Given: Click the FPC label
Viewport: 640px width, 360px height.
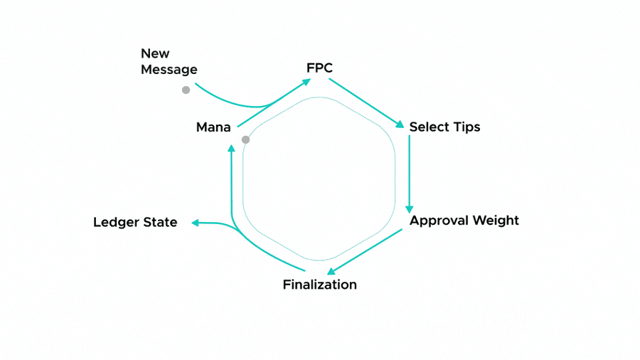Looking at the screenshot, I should click(319, 68).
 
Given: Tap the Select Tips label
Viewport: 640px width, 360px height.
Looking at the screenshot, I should click(444, 127).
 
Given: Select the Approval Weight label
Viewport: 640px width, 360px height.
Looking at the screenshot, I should click(464, 221).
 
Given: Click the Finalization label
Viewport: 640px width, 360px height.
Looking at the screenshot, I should click(319, 285).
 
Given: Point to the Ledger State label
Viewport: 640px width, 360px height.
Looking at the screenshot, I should click(135, 223).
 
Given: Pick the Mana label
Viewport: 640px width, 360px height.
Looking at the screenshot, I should click(213, 128).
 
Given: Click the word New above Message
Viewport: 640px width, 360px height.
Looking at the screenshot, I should click(155, 53).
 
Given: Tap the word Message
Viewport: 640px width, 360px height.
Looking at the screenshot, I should click(169, 70).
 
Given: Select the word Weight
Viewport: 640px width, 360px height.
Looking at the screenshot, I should click(496, 221).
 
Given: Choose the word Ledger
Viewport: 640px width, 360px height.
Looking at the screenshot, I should click(117, 223).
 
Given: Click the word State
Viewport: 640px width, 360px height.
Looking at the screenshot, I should click(160, 223).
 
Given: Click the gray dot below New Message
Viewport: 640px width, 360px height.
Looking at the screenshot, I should click(186, 90).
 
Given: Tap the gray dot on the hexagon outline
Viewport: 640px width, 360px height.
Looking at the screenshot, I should click(245, 139).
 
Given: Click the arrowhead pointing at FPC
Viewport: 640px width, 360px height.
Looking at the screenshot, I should click(306, 82).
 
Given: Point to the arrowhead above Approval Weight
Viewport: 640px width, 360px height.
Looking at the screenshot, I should click(409, 208).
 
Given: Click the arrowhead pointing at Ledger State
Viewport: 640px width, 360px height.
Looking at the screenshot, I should click(194, 223).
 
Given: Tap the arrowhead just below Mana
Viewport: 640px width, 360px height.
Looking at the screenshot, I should click(231, 148).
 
